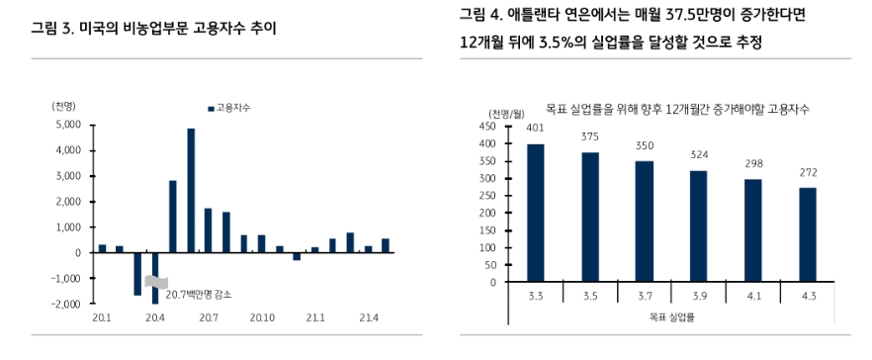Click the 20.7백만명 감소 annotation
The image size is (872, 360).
pyautogui.click(x=200, y=294)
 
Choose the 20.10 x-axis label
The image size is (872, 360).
pyautogui.click(x=261, y=317)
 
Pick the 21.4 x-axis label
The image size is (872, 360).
pyautogui.click(x=368, y=317)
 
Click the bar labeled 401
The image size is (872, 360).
pyautogui.click(x=535, y=213)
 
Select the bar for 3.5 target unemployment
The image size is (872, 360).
pyautogui.click(x=590, y=218)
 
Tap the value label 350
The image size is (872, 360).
pyautogui.click(x=644, y=145)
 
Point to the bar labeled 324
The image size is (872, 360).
pyautogui.click(x=698, y=226)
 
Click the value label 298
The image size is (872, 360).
pyautogui.click(x=752, y=163)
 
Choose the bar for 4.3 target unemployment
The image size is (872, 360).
pyautogui.click(x=807, y=235)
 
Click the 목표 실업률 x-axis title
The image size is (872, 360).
pyautogui.click(x=671, y=317)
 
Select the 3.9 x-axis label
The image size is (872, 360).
pyautogui.click(x=698, y=295)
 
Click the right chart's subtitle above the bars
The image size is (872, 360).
pyautogui.click(x=676, y=108)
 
